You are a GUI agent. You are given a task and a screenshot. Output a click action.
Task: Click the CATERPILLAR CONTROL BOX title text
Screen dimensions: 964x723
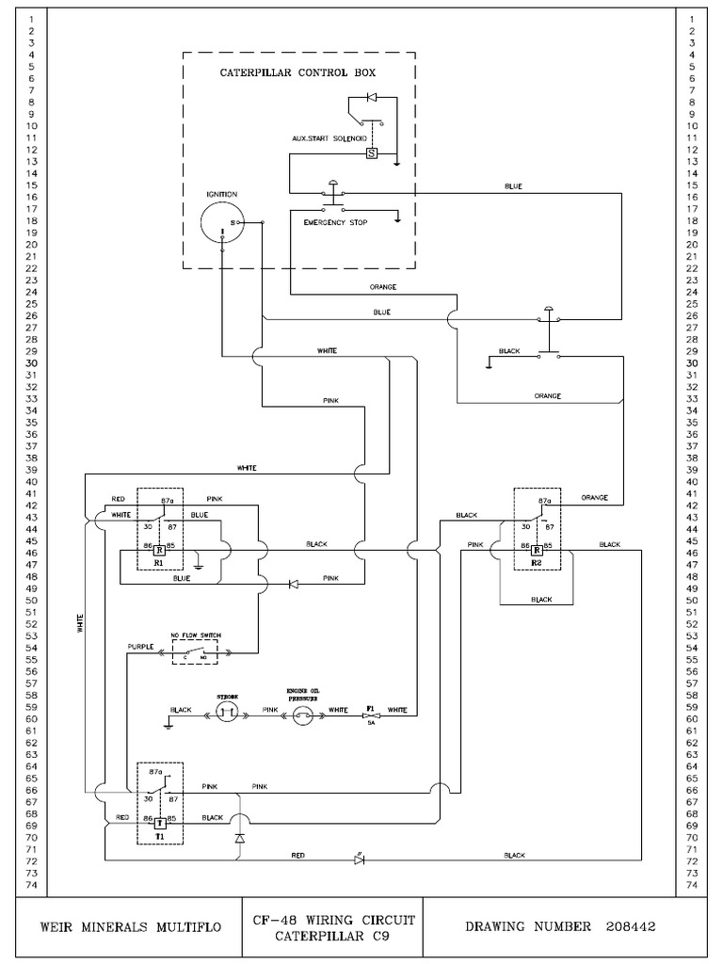(297, 72)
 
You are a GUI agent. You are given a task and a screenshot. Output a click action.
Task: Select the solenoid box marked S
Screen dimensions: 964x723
(371, 152)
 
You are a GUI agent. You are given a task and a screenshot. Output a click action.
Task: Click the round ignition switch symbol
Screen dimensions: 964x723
(222, 224)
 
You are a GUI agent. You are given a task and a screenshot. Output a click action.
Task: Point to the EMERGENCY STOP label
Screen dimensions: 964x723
(336, 223)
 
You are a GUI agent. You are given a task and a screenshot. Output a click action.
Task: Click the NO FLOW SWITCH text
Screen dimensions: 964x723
(195, 636)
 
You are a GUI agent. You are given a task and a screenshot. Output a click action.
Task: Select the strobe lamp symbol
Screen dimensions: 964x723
(227, 715)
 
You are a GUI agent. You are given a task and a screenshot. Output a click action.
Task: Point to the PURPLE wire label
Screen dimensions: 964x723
(141, 648)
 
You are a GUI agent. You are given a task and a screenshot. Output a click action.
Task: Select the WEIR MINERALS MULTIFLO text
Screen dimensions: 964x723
(132, 926)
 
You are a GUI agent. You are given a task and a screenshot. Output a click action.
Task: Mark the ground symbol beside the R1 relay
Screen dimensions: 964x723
(199, 565)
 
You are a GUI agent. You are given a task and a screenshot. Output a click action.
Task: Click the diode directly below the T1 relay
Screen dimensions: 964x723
(239, 837)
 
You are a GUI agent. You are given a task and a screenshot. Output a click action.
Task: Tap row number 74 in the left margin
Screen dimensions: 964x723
(32, 885)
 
